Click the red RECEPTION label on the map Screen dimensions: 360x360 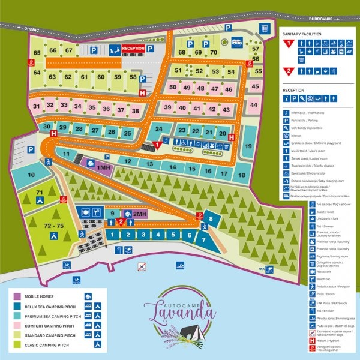[x=133, y=49]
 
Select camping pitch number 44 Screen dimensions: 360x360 [x=254, y=105]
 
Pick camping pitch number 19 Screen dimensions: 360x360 [x=247, y=146]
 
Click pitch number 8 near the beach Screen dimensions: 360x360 [x=211, y=220]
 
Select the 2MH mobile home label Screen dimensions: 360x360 [x=140, y=214]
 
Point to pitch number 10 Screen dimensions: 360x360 [x=31, y=175]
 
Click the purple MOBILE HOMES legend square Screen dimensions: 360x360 [x=17, y=296]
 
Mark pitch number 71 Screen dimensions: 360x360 [x=39, y=192]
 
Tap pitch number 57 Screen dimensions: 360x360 [x=256, y=49]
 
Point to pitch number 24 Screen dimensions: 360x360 [x=159, y=129]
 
